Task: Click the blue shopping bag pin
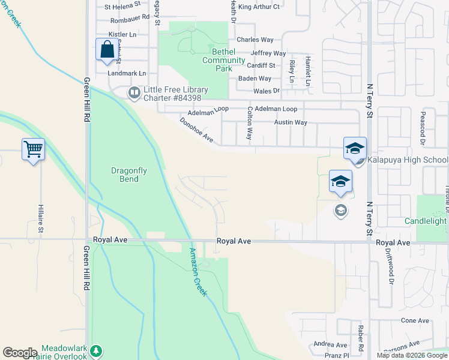click(106, 49)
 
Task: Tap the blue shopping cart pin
click(33, 149)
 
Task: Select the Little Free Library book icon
click(133, 92)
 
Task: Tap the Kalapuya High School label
click(409, 160)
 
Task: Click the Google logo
click(20, 353)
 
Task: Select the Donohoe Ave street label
click(196, 130)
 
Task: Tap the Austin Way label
click(291, 122)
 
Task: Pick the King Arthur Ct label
click(259, 7)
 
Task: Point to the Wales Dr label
click(267, 91)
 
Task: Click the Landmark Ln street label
click(127, 73)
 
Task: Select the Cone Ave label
click(415, 320)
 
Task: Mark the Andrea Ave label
click(330, 345)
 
